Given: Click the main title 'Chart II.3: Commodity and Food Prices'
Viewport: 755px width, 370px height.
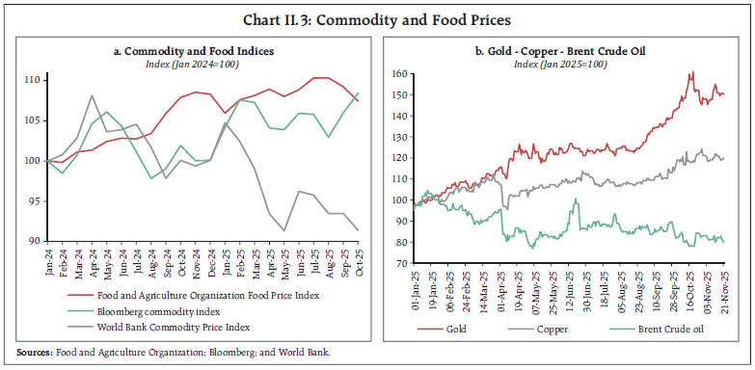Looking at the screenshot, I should click(377, 16).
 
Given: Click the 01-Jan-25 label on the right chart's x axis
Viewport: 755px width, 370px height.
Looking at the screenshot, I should click(411, 289).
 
